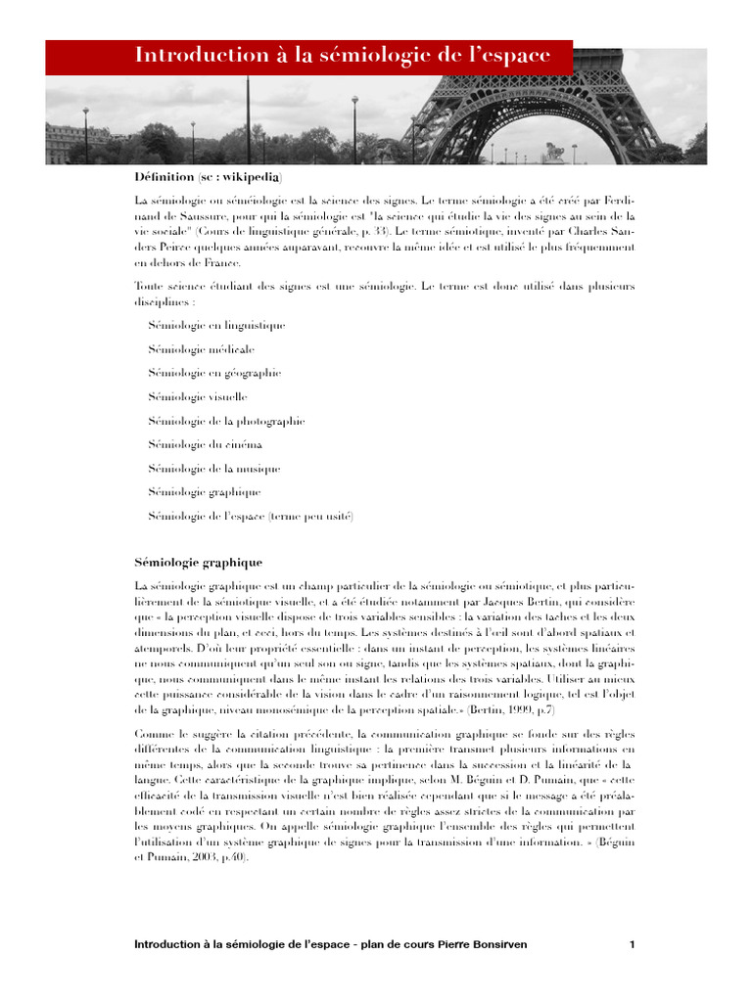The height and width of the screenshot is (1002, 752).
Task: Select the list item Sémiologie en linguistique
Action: click(216, 325)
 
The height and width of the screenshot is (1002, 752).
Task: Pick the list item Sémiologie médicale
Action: click(201, 349)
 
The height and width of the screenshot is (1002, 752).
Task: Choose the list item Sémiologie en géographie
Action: click(214, 373)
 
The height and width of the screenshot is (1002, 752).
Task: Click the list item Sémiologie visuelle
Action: click(198, 397)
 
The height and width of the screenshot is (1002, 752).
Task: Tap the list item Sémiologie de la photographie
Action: click(226, 421)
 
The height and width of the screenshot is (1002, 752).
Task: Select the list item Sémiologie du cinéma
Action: click(206, 444)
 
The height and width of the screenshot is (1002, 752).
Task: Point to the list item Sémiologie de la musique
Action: click(214, 469)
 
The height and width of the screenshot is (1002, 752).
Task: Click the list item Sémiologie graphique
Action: click(205, 492)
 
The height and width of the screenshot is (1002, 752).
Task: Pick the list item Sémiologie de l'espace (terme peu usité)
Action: click(251, 516)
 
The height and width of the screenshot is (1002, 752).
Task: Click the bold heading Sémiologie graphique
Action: click(198, 563)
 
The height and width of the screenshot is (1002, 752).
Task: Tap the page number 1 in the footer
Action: click(633, 945)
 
